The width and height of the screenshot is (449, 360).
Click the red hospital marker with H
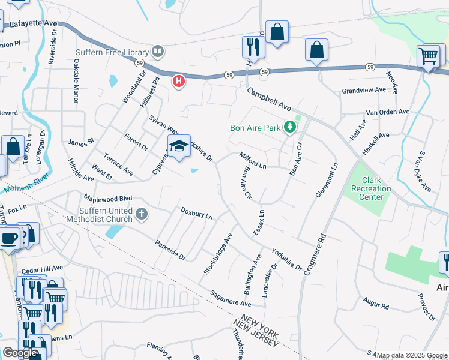coord(178,81)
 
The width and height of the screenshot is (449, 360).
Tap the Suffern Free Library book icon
coord(158,52)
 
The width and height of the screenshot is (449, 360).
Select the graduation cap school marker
coord(179,146)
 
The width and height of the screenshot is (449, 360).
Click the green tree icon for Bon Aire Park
coord(291,127)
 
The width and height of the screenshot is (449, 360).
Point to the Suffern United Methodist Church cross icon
coord(142,214)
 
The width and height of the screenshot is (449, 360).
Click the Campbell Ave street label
coord(270,100)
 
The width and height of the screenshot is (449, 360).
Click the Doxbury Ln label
coord(197,212)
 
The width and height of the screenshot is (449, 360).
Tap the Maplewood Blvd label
coord(107,199)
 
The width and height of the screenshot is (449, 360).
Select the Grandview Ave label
coord(364,90)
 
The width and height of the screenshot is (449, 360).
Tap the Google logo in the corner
coord(20,352)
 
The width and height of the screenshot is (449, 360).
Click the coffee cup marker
coord(9,238)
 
